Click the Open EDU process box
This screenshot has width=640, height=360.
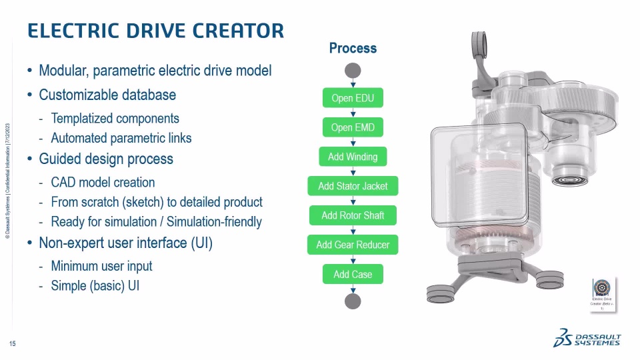click(x=353, y=99)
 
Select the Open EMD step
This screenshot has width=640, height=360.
click(x=353, y=127)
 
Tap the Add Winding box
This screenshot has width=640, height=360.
click(x=353, y=157)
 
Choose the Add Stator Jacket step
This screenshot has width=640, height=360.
click(x=353, y=186)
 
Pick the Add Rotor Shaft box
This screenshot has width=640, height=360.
click(x=353, y=215)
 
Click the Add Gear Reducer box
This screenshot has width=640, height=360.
click(x=353, y=245)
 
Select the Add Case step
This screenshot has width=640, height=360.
click(x=353, y=274)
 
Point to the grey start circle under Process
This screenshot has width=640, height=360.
click(x=353, y=71)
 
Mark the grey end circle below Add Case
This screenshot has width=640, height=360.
click(x=353, y=301)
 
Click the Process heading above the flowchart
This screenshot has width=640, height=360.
click(x=353, y=48)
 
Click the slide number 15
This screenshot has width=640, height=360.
click(x=12, y=344)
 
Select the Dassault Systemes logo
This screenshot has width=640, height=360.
click(x=587, y=338)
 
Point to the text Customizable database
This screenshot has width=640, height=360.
click(x=107, y=95)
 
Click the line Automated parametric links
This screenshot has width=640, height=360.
click(x=121, y=138)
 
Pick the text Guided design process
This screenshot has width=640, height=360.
click(x=106, y=159)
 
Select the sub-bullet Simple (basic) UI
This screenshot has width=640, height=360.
click(x=95, y=285)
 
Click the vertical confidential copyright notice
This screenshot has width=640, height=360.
click(x=7, y=180)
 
